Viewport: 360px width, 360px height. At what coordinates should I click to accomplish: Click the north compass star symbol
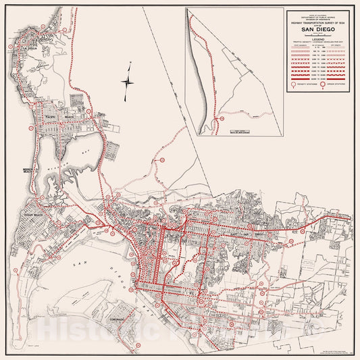[128, 82]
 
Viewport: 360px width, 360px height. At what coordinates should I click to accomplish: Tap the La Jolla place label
[30, 49]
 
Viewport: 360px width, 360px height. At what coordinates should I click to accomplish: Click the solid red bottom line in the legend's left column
[297, 79]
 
